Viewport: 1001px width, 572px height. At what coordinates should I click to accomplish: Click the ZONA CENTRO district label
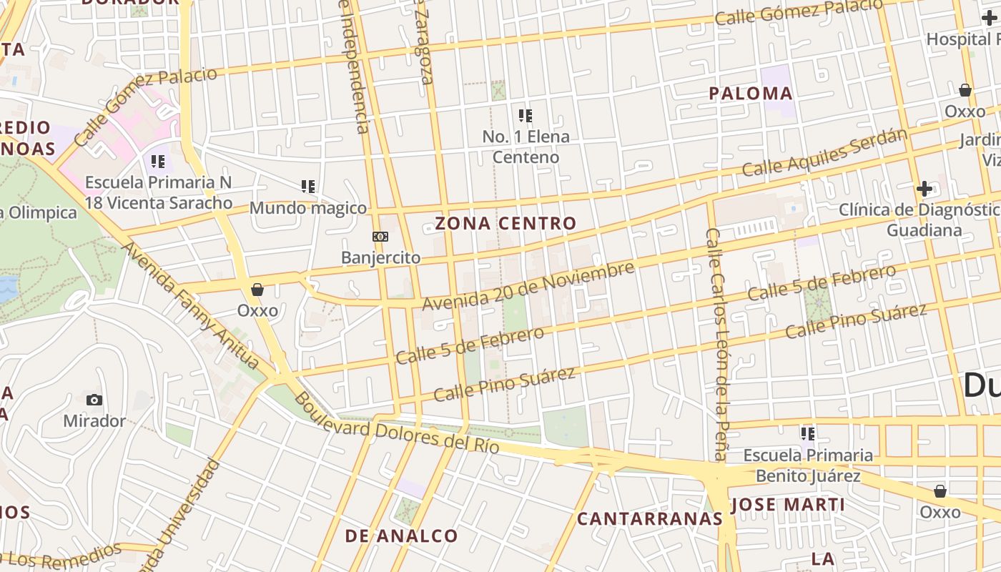coord(506,223)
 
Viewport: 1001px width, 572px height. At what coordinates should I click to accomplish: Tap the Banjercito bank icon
coord(380,237)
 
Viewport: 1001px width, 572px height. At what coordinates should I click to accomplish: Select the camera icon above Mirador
coord(94,400)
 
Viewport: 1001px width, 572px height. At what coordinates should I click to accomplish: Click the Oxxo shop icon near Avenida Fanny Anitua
coord(257,290)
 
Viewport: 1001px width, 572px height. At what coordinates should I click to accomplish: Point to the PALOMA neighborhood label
coord(751,94)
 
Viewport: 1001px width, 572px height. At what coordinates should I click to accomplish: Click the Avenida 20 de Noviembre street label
coord(528,286)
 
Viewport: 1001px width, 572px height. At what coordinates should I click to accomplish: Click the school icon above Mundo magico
coord(308,187)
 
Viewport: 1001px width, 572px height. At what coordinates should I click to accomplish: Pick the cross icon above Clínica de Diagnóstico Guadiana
coord(924,189)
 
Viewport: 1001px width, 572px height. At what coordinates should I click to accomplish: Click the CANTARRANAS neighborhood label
coord(650,519)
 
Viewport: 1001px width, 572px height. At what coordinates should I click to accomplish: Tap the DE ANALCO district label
coord(401,536)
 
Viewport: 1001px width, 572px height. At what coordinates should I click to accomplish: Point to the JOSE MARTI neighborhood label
coord(787,505)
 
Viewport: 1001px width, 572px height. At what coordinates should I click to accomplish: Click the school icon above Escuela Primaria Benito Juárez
coord(808,434)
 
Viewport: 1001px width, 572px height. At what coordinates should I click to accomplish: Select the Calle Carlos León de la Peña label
coord(716,343)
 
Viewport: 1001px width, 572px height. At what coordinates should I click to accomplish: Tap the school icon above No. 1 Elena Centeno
coord(526,116)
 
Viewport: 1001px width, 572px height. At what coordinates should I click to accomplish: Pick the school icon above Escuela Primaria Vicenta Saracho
coord(158,162)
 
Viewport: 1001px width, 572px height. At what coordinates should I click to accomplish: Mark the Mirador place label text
coord(94,420)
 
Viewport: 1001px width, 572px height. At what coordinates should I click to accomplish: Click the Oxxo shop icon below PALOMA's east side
coord(965,90)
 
